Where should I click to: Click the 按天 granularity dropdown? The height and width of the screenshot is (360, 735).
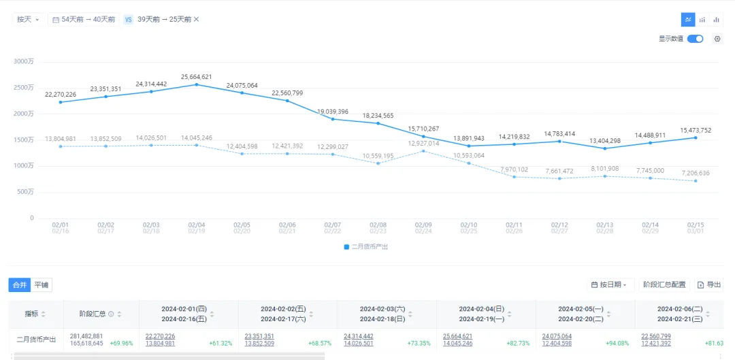tap(28, 20)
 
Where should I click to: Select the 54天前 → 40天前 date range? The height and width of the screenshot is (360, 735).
tap(84, 20)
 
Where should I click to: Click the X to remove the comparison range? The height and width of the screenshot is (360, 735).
tap(197, 19)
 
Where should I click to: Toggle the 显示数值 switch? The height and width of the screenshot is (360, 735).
tap(695, 39)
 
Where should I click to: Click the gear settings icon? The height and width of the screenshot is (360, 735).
tap(717, 39)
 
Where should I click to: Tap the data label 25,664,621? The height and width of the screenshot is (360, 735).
tap(197, 77)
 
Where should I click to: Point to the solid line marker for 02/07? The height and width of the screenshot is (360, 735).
tap(333, 119)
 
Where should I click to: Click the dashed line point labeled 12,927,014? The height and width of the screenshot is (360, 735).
tap(424, 151)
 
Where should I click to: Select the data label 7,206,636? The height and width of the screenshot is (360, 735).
tap(694, 173)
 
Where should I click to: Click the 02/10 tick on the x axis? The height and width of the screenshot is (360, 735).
tap(469, 225)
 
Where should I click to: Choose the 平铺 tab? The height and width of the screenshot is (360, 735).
tap(42, 284)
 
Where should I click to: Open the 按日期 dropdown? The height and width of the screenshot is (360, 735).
tap(610, 284)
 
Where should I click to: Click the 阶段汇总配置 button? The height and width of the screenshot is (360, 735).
tap(664, 284)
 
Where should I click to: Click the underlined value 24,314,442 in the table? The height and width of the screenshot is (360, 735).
tap(359, 336)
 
